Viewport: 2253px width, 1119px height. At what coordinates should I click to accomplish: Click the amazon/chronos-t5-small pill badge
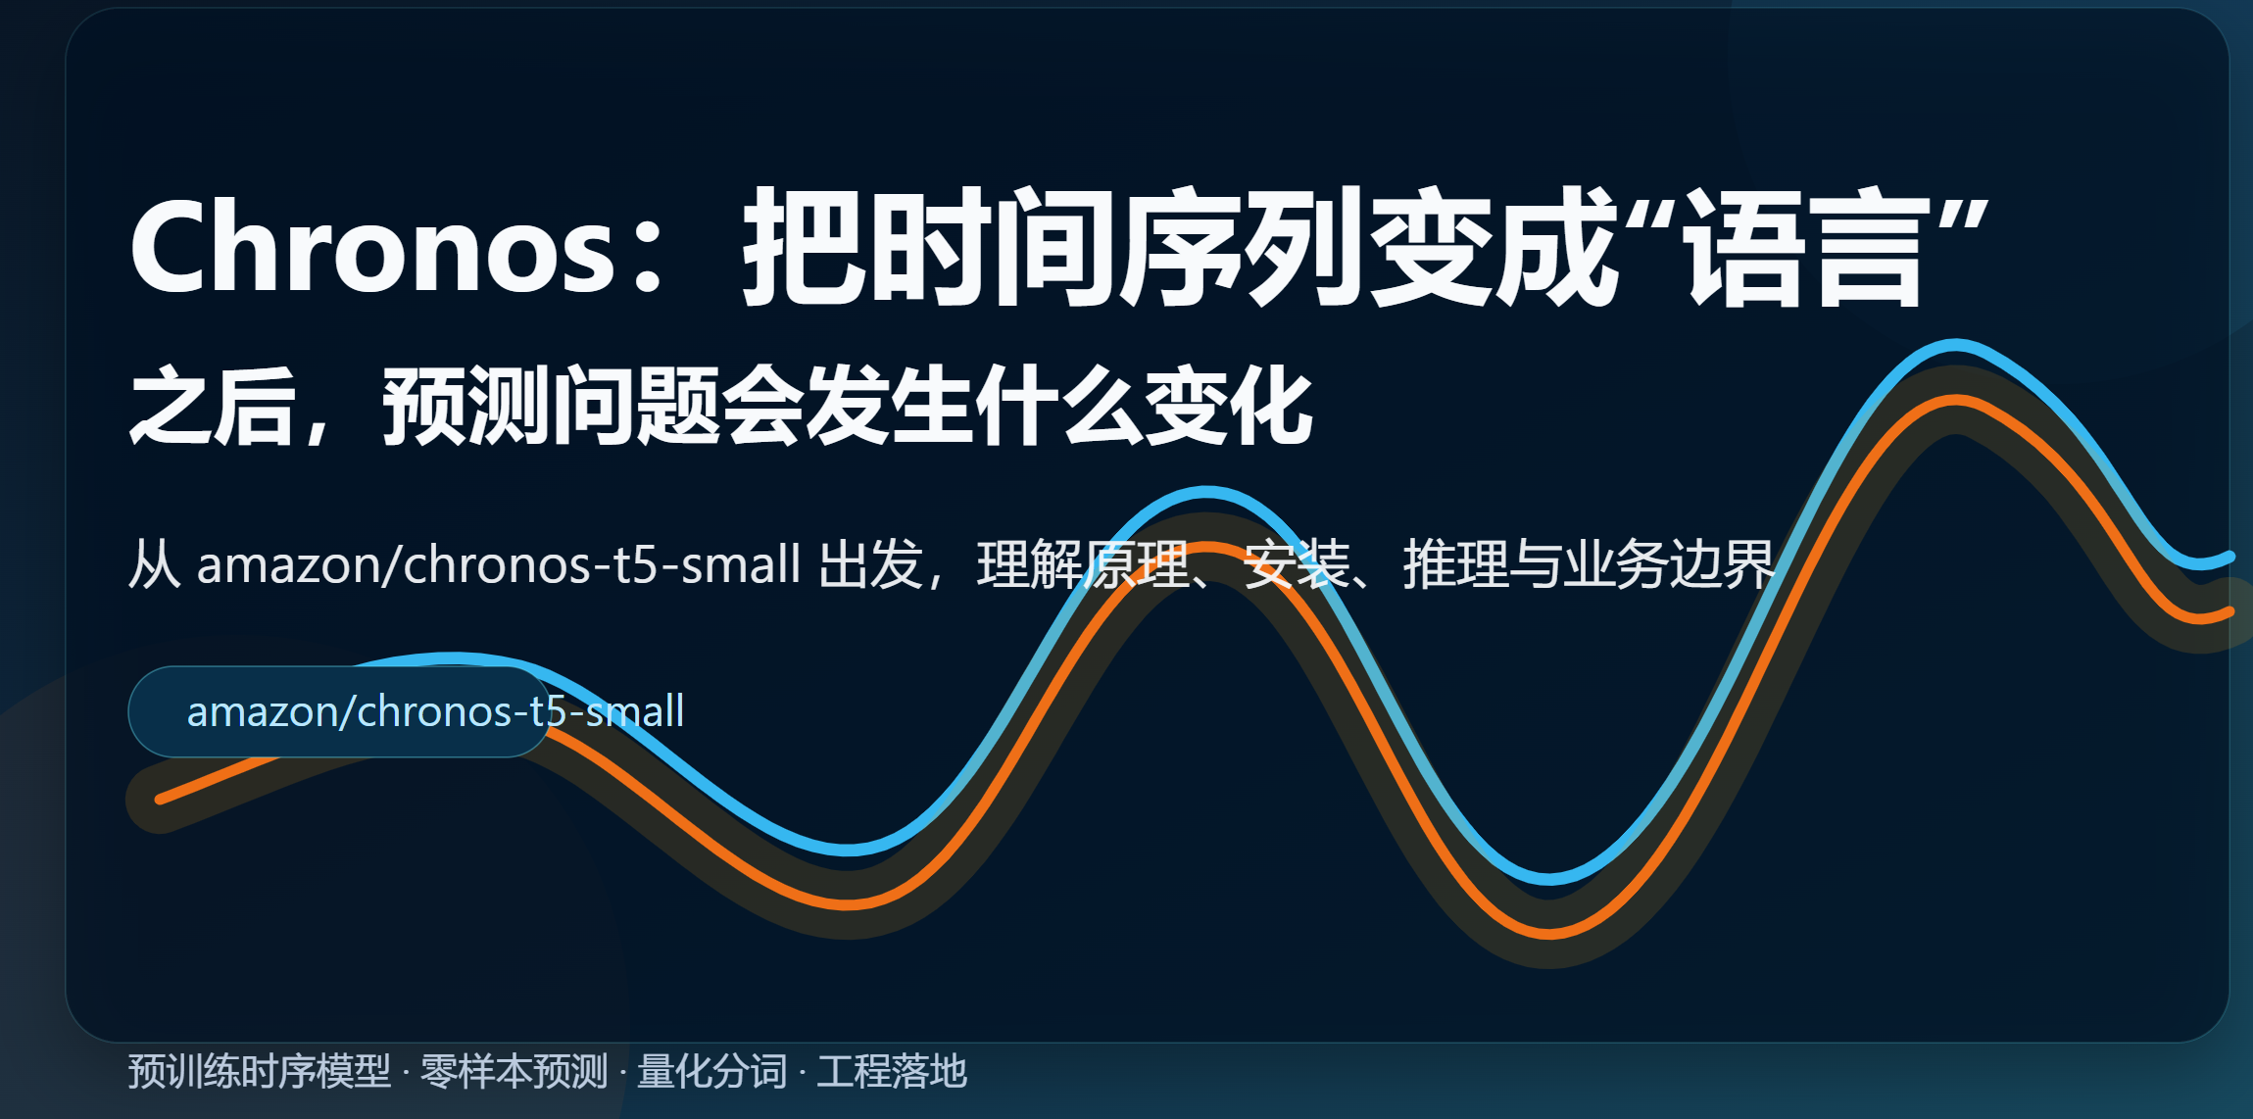point(339,711)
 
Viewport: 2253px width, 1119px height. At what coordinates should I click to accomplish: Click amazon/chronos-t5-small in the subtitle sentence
point(499,564)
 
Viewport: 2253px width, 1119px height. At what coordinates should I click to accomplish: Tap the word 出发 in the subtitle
point(870,564)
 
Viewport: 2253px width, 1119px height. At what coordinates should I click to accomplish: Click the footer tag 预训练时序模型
point(260,1071)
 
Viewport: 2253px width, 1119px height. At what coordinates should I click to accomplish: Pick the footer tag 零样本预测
point(514,1071)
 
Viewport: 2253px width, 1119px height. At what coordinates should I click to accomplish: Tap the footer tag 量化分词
point(712,1071)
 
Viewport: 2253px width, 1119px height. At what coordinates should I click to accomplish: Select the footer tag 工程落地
point(892,1071)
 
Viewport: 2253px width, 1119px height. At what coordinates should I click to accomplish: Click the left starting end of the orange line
point(160,800)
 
